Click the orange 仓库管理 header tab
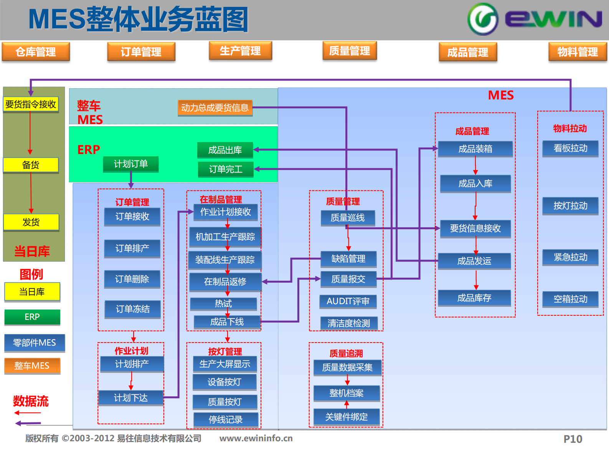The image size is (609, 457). click(x=36, y=52)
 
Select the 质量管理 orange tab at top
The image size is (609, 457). click(x=350, y=51)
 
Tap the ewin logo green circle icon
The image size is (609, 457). click(x=483, y=19)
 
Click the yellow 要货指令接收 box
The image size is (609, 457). click(x=31, y=104)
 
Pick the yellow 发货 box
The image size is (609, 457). click(x=31, y=222)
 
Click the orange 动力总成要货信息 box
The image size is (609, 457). click(x=215, y=108)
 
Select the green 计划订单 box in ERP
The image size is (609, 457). click(x=130, y=164)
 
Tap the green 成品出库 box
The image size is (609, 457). click(x=225, y=150)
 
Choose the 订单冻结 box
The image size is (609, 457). click(x=133, y=309)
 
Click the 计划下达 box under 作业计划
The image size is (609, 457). click(x=131, y=398)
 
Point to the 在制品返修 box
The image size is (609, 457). click(x=225, y=282)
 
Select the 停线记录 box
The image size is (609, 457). click(x=226, y=420)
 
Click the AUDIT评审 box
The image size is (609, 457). click(x=348, y=301)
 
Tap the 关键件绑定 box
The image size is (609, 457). click(x=347, y=417)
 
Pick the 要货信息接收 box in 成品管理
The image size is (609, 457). click(x=475, y=228)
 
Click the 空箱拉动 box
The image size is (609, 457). click(x=570, y=299)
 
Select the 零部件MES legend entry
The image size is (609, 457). click(x=35, y=343)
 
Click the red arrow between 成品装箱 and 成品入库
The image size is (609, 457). click(x=475, y=166)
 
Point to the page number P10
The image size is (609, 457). click(x=573, y=439)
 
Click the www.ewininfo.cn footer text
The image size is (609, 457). click(x=256, y=438)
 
